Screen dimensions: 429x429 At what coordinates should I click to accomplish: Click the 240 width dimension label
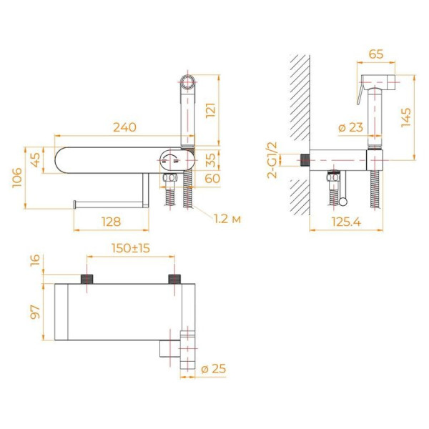[x=124, y=127]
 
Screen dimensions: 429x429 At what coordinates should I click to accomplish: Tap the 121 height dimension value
[x=211, y=111]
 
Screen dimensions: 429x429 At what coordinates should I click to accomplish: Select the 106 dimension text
[x=17, y=178]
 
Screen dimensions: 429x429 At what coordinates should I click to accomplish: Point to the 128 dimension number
[x=111, y=222]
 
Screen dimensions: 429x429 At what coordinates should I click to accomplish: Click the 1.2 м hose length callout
[x=227, y=219]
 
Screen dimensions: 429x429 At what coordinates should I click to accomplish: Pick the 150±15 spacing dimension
[x=131, y=248]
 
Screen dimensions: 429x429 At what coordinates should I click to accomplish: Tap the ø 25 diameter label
[x=213, y=369]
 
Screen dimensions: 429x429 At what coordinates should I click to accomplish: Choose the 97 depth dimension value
[x=35, y=312]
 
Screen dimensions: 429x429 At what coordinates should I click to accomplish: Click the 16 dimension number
[x=35, y=260]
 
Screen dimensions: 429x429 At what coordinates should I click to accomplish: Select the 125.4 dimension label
[x=346, y=222]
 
